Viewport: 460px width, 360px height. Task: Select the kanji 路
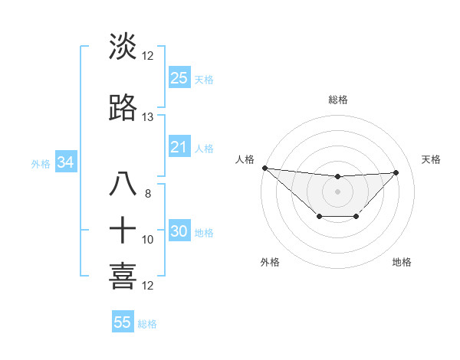tap(123, 108)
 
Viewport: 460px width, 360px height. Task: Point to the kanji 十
tap(123, 229)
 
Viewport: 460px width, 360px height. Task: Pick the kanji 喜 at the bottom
tap(123, 276)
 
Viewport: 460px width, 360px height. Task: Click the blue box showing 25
tap(179, 77)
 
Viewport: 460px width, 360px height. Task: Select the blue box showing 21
tap(179, 147)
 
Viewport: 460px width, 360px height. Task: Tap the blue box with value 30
tap(179, 232)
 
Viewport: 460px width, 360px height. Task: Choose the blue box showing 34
tap(65, 162)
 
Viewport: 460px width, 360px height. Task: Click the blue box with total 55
tap(123, 322)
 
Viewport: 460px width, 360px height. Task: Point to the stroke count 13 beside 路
tap(147, 117)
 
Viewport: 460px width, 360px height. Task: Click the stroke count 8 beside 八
tap(147, 194)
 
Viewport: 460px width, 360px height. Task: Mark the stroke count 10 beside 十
tap(148, 240)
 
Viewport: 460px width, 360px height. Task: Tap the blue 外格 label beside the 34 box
tap(41, 163)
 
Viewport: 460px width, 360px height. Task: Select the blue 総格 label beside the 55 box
tap(147, 323)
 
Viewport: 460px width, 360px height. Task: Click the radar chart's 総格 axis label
tap(337, 100)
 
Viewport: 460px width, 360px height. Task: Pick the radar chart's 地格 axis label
tap(402, 262)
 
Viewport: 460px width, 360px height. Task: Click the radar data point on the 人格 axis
tap(264, 168)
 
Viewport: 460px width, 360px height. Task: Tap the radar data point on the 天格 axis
tap(396, 172)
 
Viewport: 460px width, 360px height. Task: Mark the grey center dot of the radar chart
tap(337, 191)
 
